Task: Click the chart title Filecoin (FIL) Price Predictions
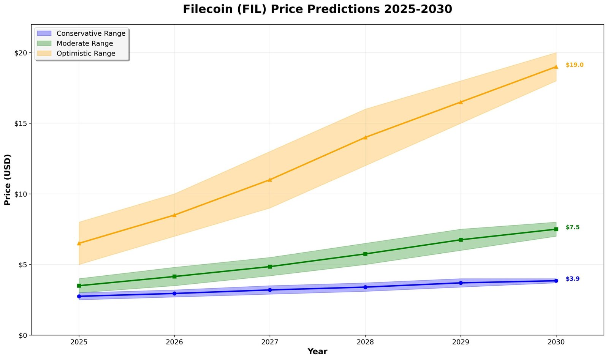[x=317, y=9]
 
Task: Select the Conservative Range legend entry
[x=91, y=33]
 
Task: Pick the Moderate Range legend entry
[x=85, y=43]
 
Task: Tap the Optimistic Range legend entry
[x=86, y=54]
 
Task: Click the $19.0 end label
[x=574, y=65]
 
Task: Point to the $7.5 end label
[x=572, y=227]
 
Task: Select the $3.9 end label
[x=572, y=279]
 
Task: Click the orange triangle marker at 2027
[x=270, y=180]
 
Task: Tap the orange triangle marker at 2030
[x=556, y=67]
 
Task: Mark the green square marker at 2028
[x=365, y=254]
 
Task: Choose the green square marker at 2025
[x=79, y=286]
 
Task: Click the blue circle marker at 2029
[x=461, y=283]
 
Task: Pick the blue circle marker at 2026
[x=174, y=294]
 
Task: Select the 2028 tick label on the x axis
[x=365, y=342]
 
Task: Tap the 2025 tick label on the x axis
[x=79, y=342]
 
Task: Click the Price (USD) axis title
[x=8, y=180]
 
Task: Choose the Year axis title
[x=317, y=352]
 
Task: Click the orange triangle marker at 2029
[x=461, y=102]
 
